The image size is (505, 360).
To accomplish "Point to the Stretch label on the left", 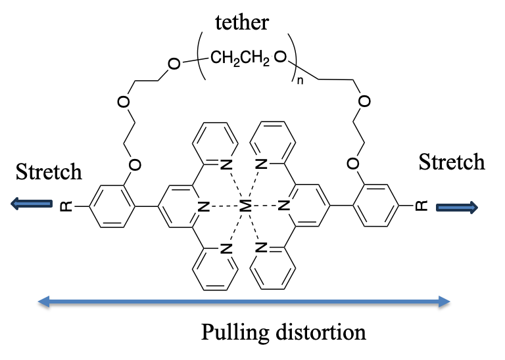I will coord(49,171).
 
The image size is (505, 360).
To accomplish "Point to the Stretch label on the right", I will coord(452,162).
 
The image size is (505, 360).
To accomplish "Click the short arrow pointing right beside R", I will coord(457,208).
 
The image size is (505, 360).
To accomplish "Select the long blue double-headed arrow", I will coord(243,302).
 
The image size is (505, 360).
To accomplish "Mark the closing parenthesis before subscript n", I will coord(293,61).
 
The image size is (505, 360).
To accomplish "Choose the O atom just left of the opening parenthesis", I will coord(173,64).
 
